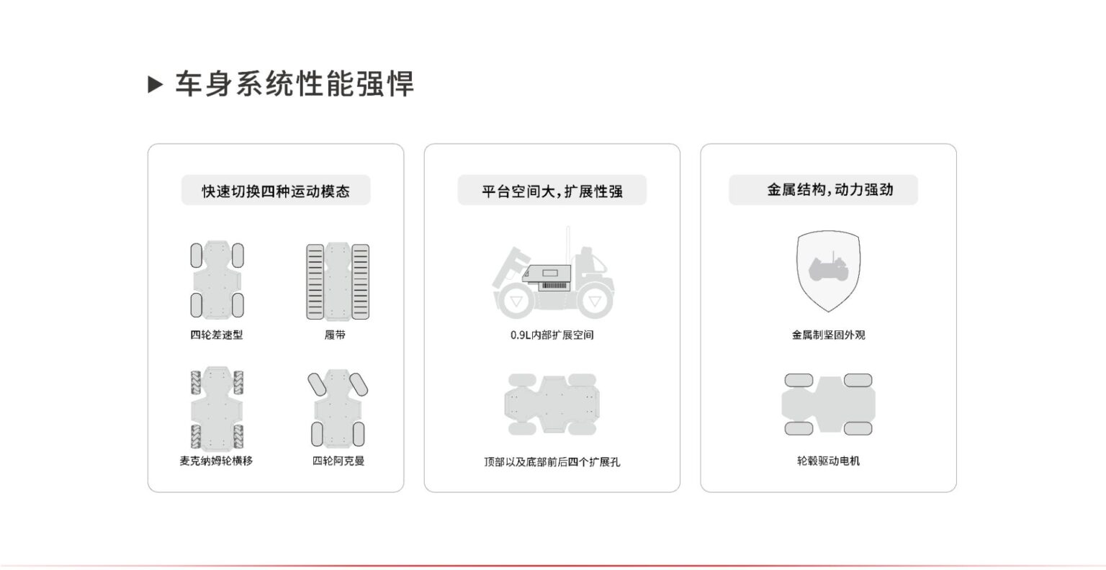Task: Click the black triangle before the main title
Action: point(156,84)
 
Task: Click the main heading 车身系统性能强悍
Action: point(295,84)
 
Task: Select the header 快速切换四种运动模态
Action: point(276,191)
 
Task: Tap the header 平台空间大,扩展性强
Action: point(552,191)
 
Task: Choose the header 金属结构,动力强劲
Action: point(829,190)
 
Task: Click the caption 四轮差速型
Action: point(217,335)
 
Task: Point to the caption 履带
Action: point(336,335)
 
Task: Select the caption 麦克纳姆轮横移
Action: point(217,461)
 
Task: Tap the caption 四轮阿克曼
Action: point(338,461)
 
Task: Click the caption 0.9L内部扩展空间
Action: point(552,335)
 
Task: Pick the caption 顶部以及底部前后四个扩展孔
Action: point(552,461)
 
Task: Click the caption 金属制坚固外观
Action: point(828,335)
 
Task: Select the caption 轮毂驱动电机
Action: point(828,461)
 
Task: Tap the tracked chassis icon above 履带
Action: point(338,281)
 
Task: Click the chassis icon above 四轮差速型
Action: point(217,280)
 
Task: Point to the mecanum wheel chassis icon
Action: point(217,407)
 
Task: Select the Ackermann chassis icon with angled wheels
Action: point(338,408)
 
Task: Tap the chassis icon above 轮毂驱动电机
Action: point(828,404)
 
